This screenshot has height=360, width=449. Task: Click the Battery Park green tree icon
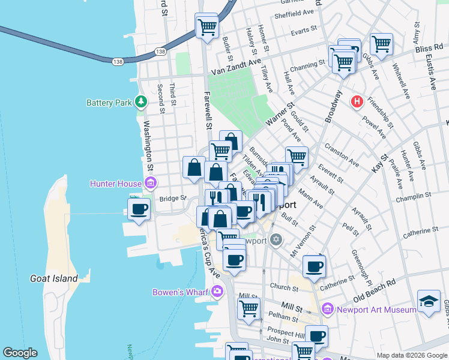point(141,102)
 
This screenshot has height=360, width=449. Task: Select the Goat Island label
point(54,278)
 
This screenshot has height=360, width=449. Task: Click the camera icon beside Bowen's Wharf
point(217,292)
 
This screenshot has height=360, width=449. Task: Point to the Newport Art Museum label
point(376,310)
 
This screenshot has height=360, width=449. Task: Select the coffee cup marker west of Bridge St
point(139,209)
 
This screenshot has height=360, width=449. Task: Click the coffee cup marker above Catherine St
point(314,266)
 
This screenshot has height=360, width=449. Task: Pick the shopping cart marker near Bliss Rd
point(381,44)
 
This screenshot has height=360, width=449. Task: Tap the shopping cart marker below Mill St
point(249,309)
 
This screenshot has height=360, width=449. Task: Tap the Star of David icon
point(276,240)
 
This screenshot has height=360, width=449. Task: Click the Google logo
point(20,353)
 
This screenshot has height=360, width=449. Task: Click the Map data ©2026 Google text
point(411,355)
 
